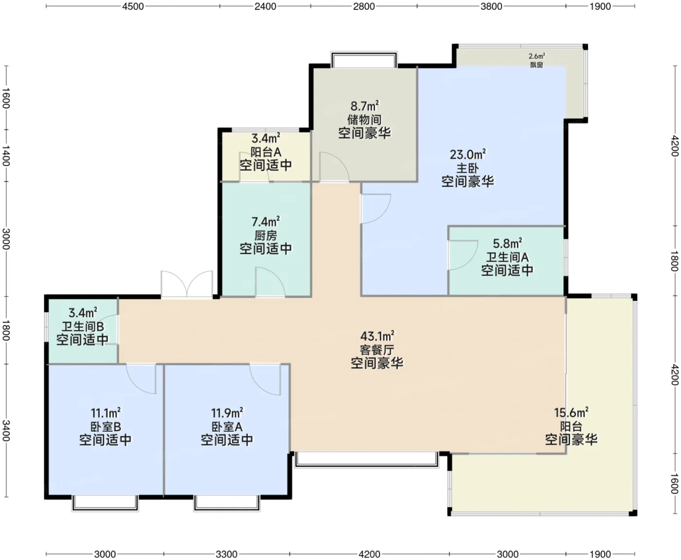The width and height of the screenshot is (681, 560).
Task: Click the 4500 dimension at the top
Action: pyautogui.click(x=133, y=6)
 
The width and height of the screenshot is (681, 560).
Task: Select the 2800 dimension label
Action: pyautogui.click(x=363, y=6)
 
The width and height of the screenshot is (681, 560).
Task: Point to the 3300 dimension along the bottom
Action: pyautogui.click(x=226, y=554)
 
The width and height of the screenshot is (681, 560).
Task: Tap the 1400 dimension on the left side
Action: pyautogui.click(x=6, y=156)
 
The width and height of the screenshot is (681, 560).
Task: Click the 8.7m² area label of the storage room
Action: pyautogui.click(x=365, y=105)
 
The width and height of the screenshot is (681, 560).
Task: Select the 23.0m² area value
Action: pyautogui.click(x=468, y=154)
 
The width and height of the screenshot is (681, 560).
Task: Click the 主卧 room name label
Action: pyautogui.click(x=467, y=168)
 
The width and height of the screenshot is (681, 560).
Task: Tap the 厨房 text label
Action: pyautogui.click(x=266, y=236)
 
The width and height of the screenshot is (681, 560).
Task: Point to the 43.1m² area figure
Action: pyautogui.click(x=377, y=336)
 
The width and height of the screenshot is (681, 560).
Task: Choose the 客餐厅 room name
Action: pyautogui.click(x=377, y=350)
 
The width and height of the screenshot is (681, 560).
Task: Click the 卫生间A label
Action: pyautogui.click(x=507, y=257)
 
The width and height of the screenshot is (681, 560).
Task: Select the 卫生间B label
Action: pyautogui.click(x=83, y=326)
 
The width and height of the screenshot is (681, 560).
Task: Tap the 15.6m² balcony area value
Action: pyautogui.click(x=571, y=413)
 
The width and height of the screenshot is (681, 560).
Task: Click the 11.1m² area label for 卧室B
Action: pyautogui.click(x=106, y=413)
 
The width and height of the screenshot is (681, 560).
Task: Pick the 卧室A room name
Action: pyautogui.click(x=227, y=427)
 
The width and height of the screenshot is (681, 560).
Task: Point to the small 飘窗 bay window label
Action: pyautogui.click(x=537, y=65)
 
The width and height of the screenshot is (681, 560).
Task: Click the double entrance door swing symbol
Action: pyautogui.click(x=187, y=284)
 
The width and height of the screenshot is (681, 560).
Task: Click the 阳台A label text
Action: pyautogui.click(x=266, y=152)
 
